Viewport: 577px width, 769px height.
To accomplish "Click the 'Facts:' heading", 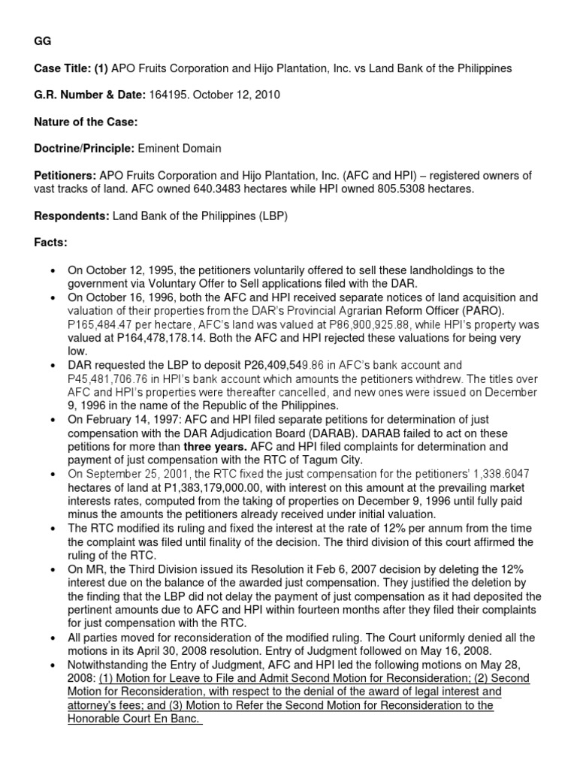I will [51, 243].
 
